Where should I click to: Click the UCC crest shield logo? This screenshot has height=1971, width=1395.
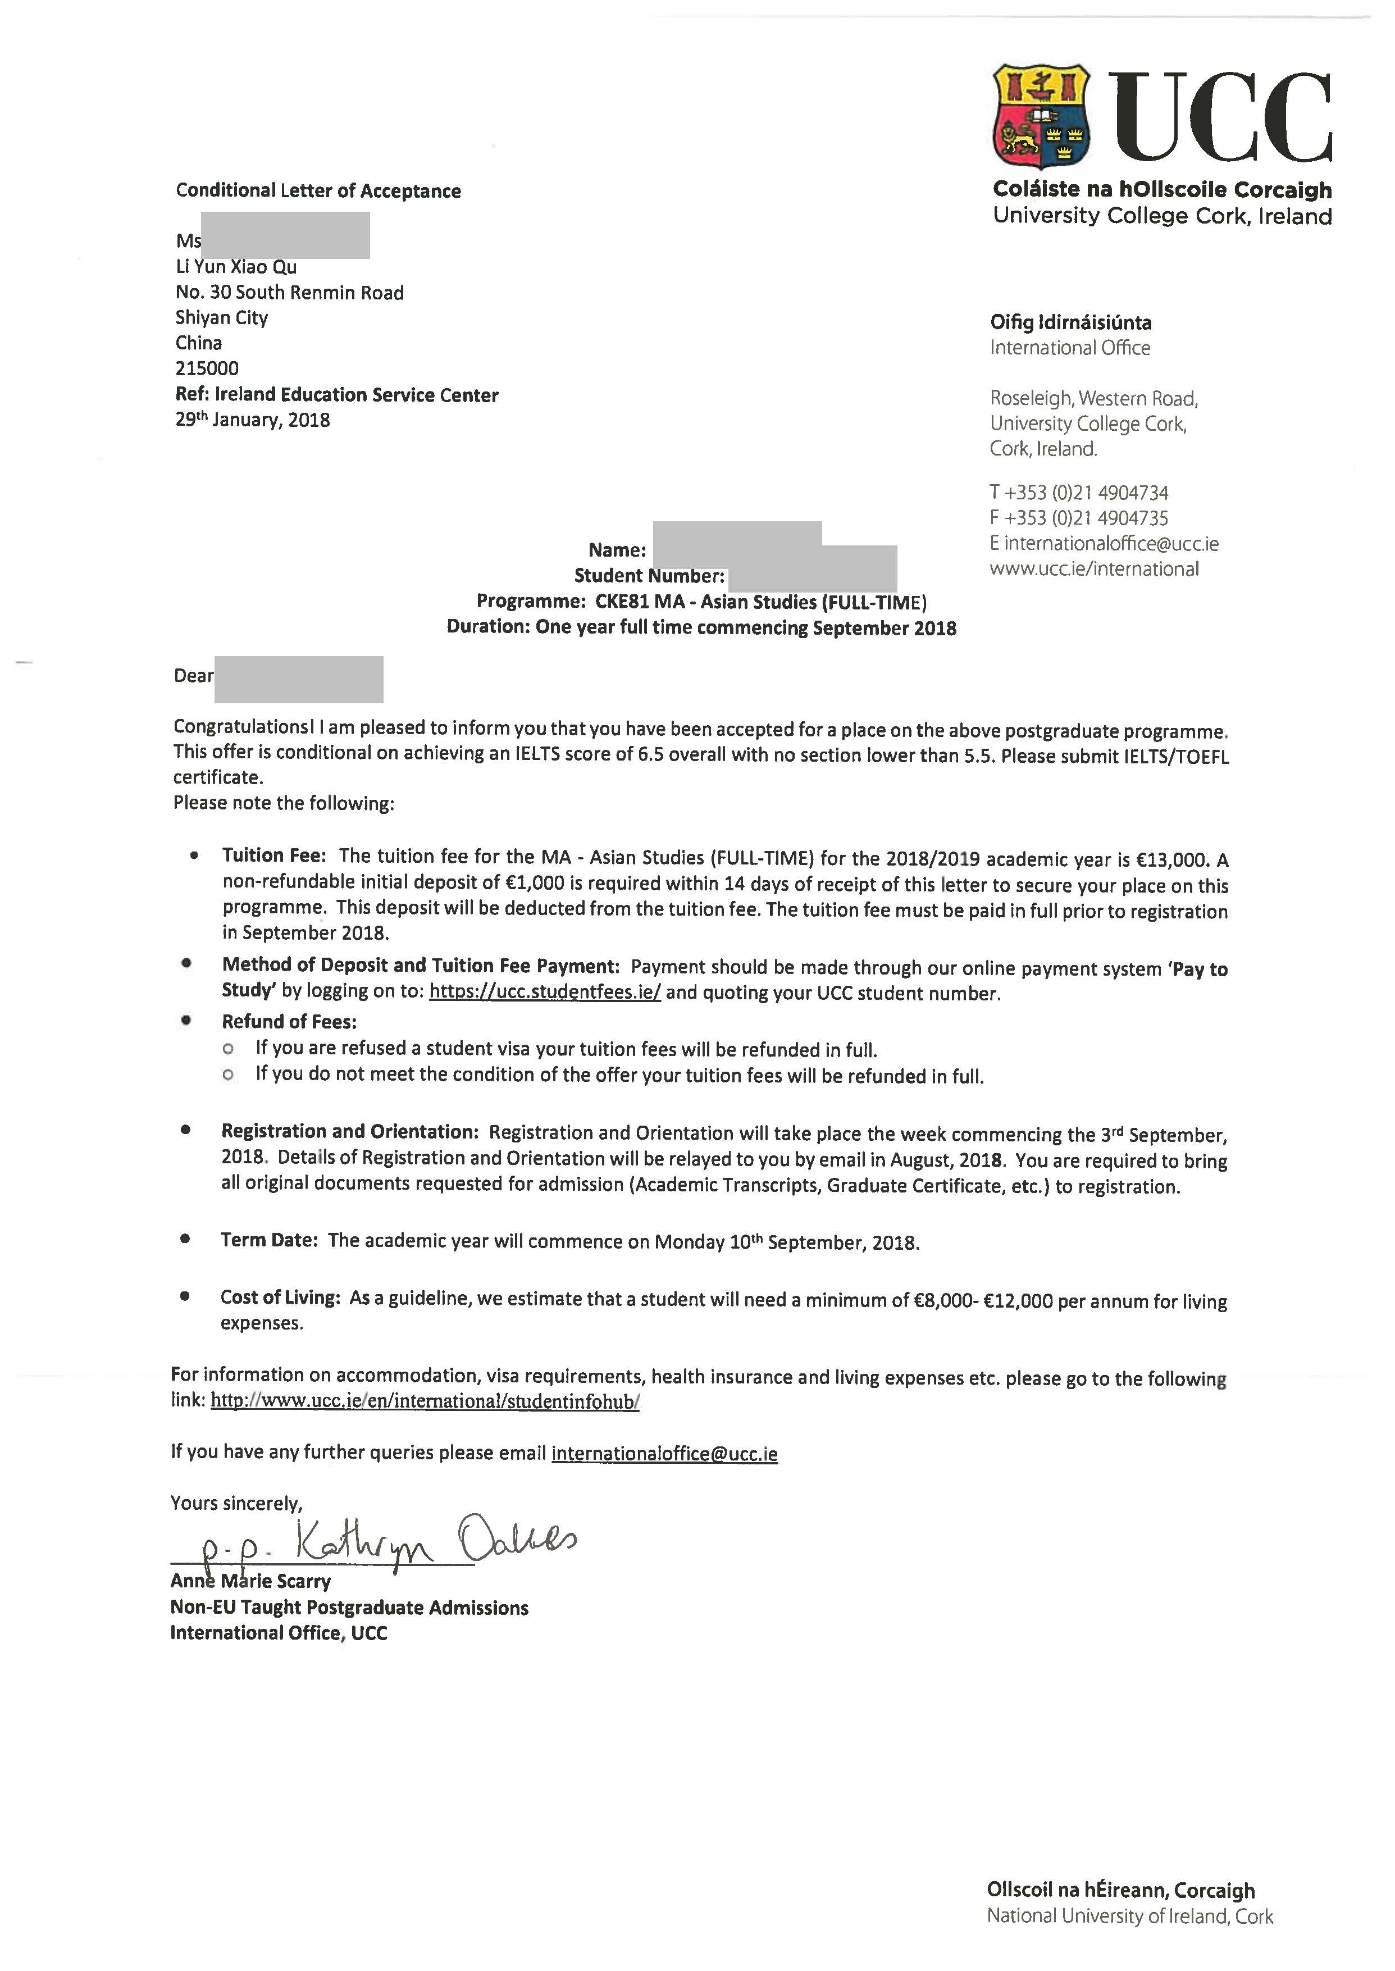[x=1041, y=117]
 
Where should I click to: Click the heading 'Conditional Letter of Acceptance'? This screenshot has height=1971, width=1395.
[x=318, y=191]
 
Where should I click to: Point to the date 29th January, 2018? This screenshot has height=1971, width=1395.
[x=253, y=420]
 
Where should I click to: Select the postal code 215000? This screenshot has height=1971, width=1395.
[x=207, y=368]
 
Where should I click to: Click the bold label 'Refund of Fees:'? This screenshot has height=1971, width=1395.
[x=289, y=1022]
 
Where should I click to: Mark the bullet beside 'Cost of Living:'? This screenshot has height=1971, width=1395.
[x=185, y=1296]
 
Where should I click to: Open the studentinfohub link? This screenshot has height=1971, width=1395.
[x=425, y=1401]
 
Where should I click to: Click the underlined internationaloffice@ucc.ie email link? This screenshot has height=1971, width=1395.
[x=664, y=1454]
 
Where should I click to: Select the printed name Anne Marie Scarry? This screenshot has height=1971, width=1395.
[x=250, y=1581]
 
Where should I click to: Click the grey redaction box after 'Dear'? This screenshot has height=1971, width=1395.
[x=298, y=679]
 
